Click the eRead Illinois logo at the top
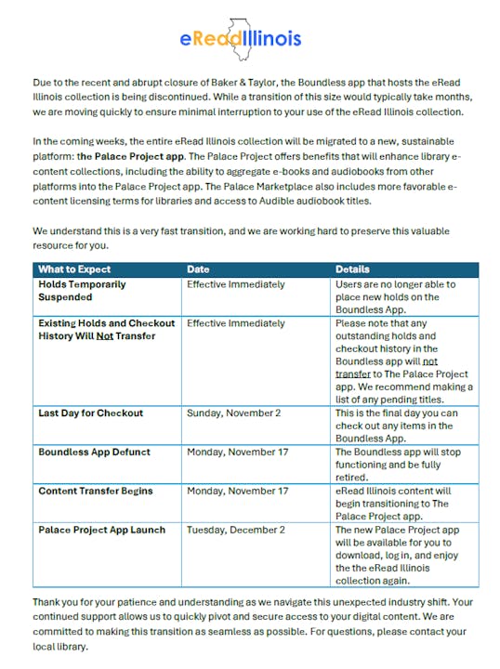click(x=241, y=36)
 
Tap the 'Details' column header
click(x=353, y=269)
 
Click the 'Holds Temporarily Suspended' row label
click(x=81, y=291)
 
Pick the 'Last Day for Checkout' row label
click(x=90, y=413)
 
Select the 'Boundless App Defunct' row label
click(x=93, y=452)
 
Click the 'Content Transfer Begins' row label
click(x=96, y=491)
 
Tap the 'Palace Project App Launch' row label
click(x=102, y=530)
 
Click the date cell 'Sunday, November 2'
click(x=233, y=413)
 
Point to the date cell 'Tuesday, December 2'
click(x=236, y=530)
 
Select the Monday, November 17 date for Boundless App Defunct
click(x=238, y=452)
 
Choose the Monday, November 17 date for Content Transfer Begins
click(x=238, y=491)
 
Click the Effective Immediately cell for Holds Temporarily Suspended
click(x=236, y=284)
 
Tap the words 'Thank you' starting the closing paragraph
click(x=56, y=602)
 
